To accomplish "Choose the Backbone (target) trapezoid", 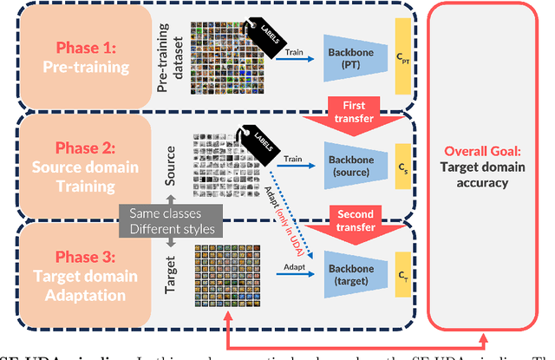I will [x=359, y=271].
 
